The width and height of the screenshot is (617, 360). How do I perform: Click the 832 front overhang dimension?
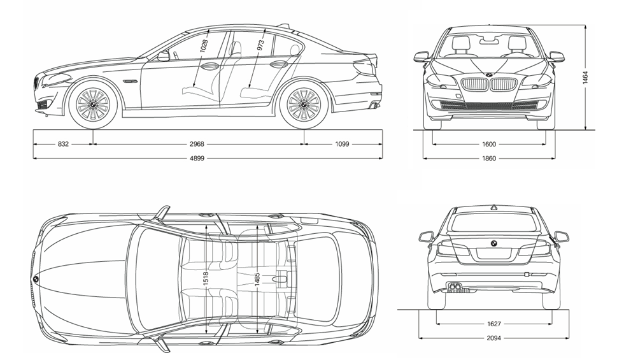pyautogui.click(x=63, y=144)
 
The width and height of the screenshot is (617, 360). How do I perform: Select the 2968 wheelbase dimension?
pyautogui.click(x=197, y=144)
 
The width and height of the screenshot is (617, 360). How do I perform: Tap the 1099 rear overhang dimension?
pyautogui.click(x=342, y=144)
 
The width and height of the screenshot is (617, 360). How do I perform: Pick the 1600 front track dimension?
pyautogui.click(x=488, y=144)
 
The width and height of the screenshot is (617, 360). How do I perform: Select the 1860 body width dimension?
pyautogui.click(x=488, y=158)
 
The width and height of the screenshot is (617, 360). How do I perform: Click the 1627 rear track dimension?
pyautogui.click(x=493, y=324)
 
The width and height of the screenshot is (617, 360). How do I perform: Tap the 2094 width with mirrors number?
pyautogui.click(x=493, y=338)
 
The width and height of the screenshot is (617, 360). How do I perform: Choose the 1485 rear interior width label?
pyautogui.click(x=257, y=278)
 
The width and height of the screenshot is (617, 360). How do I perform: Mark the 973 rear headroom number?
pyautogui.click(x=260, y=46)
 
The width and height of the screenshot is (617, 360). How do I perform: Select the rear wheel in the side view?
pyautogui.click(x=304, y=104)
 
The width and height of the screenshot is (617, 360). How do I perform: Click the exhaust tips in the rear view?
pyautogui.click(x=456, y=287)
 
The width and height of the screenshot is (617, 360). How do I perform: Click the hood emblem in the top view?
pyautogui.click(x=36, y=278)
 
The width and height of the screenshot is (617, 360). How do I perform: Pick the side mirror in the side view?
pyautogui.click(x=164, y=56)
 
